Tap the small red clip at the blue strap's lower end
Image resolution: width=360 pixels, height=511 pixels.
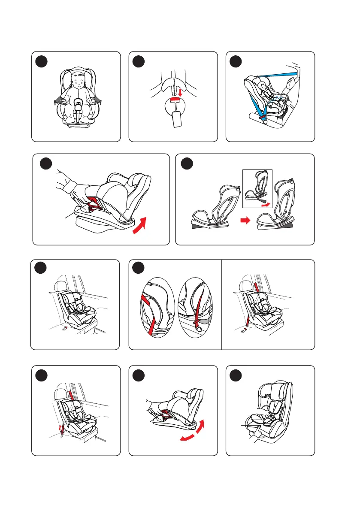point(260,116)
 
